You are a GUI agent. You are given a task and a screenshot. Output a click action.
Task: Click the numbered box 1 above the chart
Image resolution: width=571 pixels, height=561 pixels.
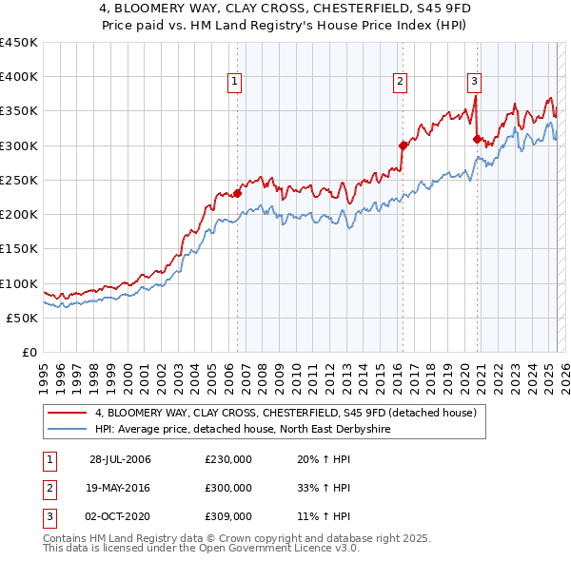(x=234, y=82)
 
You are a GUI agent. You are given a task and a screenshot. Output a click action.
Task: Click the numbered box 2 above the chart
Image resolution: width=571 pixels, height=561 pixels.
(x=400, y=82)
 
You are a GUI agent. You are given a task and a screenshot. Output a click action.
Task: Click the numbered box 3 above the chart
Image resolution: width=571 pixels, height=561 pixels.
(x=474, y=82)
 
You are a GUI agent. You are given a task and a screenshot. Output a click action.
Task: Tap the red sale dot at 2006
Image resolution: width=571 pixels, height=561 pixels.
(x=237, y=193)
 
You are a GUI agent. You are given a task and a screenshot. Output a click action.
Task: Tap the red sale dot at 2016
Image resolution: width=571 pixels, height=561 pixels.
(x=403, y=145)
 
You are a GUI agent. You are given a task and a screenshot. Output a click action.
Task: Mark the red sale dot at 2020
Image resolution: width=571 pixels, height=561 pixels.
(x=477, y=139)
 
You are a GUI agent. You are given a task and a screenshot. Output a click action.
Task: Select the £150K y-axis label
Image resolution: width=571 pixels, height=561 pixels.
(x=20, y=249)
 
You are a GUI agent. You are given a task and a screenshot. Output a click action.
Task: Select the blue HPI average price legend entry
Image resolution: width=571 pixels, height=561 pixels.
(x=243, y=430)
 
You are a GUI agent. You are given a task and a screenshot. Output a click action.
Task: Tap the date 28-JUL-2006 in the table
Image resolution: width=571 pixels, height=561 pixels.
(x=120, y=459)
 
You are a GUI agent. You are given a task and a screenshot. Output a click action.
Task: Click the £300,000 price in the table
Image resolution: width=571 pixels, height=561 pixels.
(x=227, y=488)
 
